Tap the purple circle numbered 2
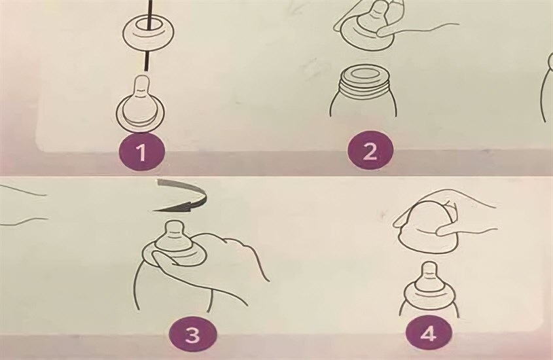(370, 153)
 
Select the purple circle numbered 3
(192, 336)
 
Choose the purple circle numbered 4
(427, 335)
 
